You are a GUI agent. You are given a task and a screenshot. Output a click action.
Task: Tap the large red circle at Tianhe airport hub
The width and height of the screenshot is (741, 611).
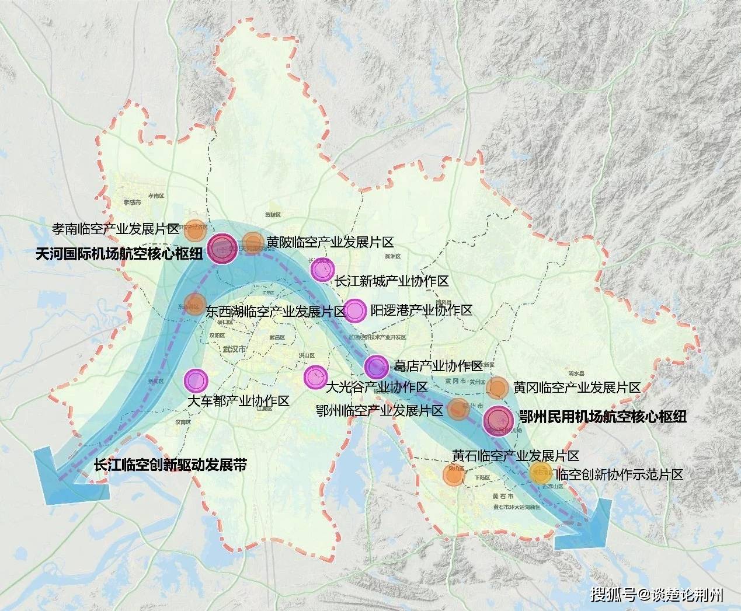[223, 247]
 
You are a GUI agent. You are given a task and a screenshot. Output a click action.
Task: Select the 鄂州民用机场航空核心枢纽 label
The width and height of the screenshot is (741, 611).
[602, 417]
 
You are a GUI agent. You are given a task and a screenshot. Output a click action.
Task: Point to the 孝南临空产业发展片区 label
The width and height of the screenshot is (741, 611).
[116, 229]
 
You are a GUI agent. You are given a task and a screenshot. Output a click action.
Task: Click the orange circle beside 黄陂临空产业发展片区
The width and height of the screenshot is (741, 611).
[253, 242]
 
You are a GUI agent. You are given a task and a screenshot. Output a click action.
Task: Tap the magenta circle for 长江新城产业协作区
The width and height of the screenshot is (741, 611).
[322, 270]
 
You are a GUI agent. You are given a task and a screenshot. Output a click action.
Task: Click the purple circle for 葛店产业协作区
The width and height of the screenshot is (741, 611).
[376, 366]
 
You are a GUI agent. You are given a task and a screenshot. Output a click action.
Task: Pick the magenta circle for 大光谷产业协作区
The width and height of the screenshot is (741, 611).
[315, 377]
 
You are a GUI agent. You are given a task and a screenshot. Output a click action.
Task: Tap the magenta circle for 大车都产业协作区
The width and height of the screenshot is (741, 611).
[196, 380]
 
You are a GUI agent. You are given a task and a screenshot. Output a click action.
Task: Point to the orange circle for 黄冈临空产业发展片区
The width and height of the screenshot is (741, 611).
[498, 387]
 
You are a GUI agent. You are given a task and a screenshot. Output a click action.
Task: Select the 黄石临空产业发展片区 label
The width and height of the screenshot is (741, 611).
[515, 456]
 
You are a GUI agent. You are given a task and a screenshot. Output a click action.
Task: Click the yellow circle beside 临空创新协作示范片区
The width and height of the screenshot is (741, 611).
[538, 474]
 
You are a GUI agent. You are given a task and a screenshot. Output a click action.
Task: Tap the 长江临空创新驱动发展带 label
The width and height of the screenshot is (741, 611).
[170, 465]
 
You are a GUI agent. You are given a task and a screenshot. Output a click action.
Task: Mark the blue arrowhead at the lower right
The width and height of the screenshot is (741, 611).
[584, 526]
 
